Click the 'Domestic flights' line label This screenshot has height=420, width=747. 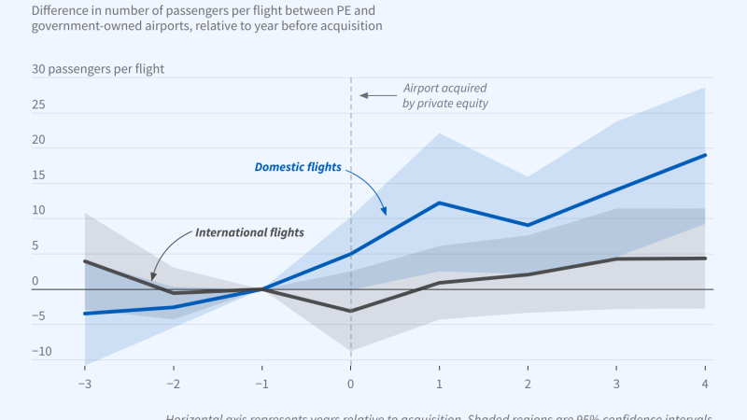pos(298,167)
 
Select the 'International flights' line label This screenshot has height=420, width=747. pos(249,231)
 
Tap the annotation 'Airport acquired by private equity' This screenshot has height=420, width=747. pos(445,96)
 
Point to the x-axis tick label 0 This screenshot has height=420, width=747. pos(350,384)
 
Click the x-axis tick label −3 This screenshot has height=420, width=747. pos(84,384)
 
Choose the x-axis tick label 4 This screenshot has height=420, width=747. pos(705,384)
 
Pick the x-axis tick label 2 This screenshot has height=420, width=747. pos(528,384)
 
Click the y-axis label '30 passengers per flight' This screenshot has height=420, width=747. pos(98,69)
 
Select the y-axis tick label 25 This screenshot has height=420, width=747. pos(39,105)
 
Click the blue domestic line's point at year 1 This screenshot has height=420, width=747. pos(439,203)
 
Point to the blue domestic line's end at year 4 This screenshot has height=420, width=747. pos(705,155)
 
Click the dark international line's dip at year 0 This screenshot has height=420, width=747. pos(350,311)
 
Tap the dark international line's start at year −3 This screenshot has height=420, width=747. pos(85,261)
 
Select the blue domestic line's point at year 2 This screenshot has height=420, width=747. pos(528,225)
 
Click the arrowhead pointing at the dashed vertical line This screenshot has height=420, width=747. pos(364,95)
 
